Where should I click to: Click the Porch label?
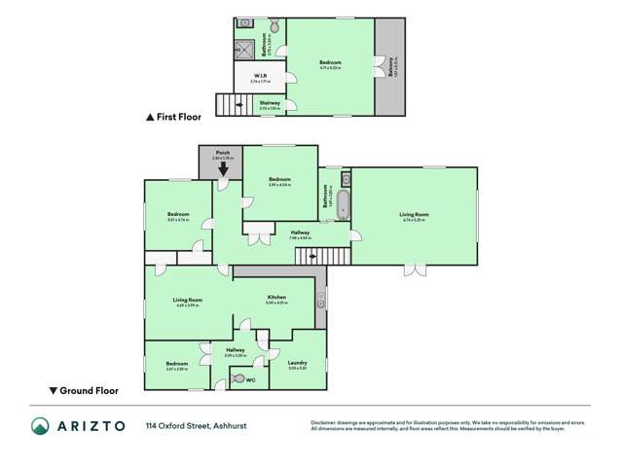tap(222, 153)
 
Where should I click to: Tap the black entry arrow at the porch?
tap(223, 169)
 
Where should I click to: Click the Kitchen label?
tap(275, 297)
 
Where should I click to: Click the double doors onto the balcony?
tap(375, 67)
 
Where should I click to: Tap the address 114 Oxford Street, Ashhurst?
tap(192, 425)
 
